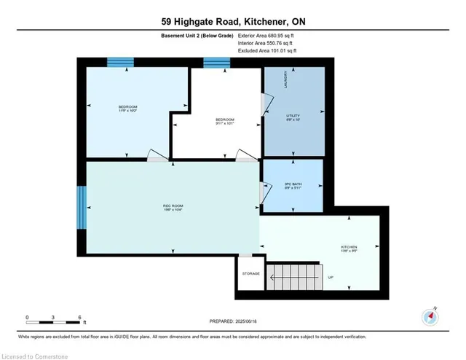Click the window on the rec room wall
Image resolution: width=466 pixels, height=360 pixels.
tap(82, 207)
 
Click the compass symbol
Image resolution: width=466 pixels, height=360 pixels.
tap(430, 317)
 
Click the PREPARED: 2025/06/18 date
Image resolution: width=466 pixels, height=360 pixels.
tap(233, 321)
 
